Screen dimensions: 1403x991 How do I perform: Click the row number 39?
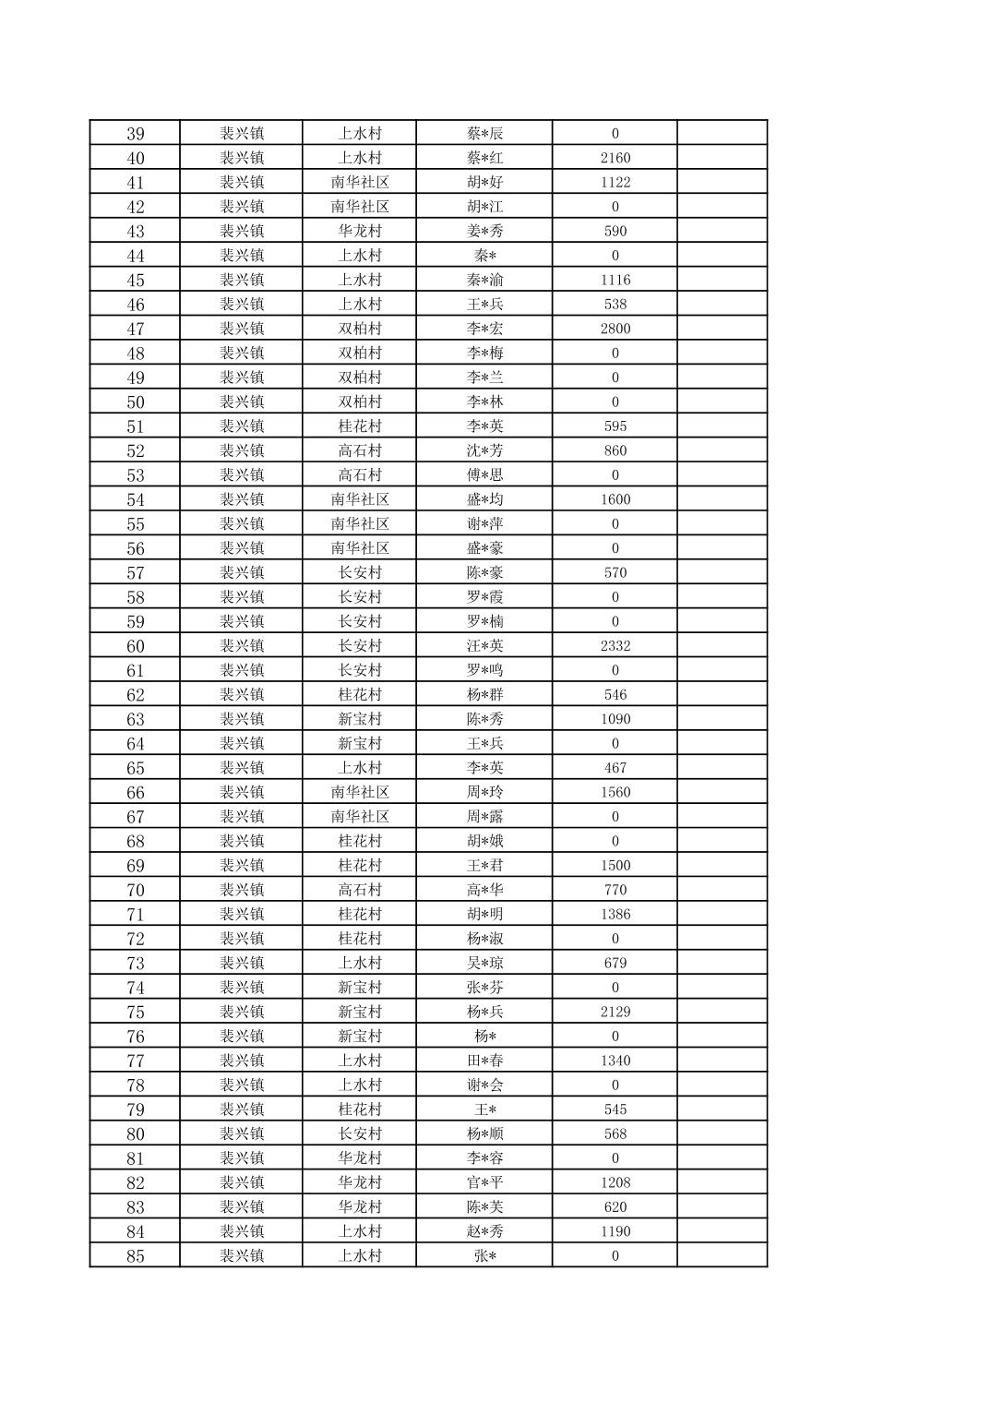pos(135,133)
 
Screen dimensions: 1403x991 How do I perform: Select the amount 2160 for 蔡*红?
pos(615,158)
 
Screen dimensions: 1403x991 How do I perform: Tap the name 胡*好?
pos(484,182)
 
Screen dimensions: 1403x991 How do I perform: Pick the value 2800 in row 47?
pos(615,329)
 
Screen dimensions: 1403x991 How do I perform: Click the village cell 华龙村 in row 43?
pos(359,231)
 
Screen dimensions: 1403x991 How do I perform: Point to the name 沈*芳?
pos(484,450)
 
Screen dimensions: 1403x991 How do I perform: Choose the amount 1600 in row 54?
pos(615,499)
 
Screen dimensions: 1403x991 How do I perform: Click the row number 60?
pos(135,646)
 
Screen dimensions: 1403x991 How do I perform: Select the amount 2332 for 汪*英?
pos(615,646)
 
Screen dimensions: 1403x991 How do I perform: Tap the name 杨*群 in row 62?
pos(484,695)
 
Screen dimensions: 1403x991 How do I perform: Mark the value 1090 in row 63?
pos(615,719)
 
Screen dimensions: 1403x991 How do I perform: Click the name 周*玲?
pos(484,792)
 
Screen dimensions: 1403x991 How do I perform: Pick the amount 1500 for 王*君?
pos(615,866)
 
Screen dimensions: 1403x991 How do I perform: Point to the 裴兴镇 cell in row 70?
pos(242,890)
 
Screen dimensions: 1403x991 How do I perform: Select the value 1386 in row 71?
pos(615,915)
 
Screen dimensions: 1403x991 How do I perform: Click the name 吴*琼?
pos(484,963)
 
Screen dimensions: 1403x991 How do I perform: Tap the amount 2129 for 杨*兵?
pos(615,1012)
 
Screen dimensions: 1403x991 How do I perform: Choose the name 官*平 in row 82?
pos(484,1182)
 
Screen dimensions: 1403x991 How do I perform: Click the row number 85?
pos(135,1255)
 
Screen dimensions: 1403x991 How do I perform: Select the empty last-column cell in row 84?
pos(722,1231)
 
